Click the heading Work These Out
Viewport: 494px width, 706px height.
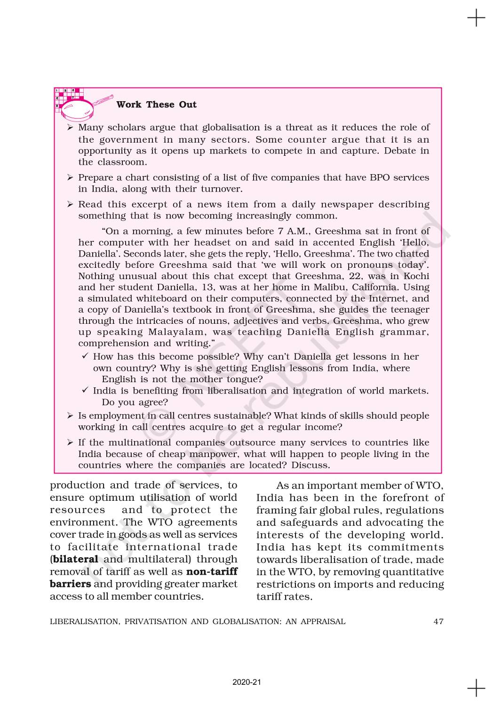tap(156, 104)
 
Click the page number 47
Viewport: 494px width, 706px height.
tap(438, 621)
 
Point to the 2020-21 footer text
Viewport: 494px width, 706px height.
tap(247, 682)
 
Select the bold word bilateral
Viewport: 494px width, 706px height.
tap(75, 560)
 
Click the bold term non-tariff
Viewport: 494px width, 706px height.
tap(212, 572)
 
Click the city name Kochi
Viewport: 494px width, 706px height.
tap(414, 276)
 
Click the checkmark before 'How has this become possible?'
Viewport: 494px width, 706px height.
tap(85, 357)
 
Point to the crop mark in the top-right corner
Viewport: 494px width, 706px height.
tap(476, 18)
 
